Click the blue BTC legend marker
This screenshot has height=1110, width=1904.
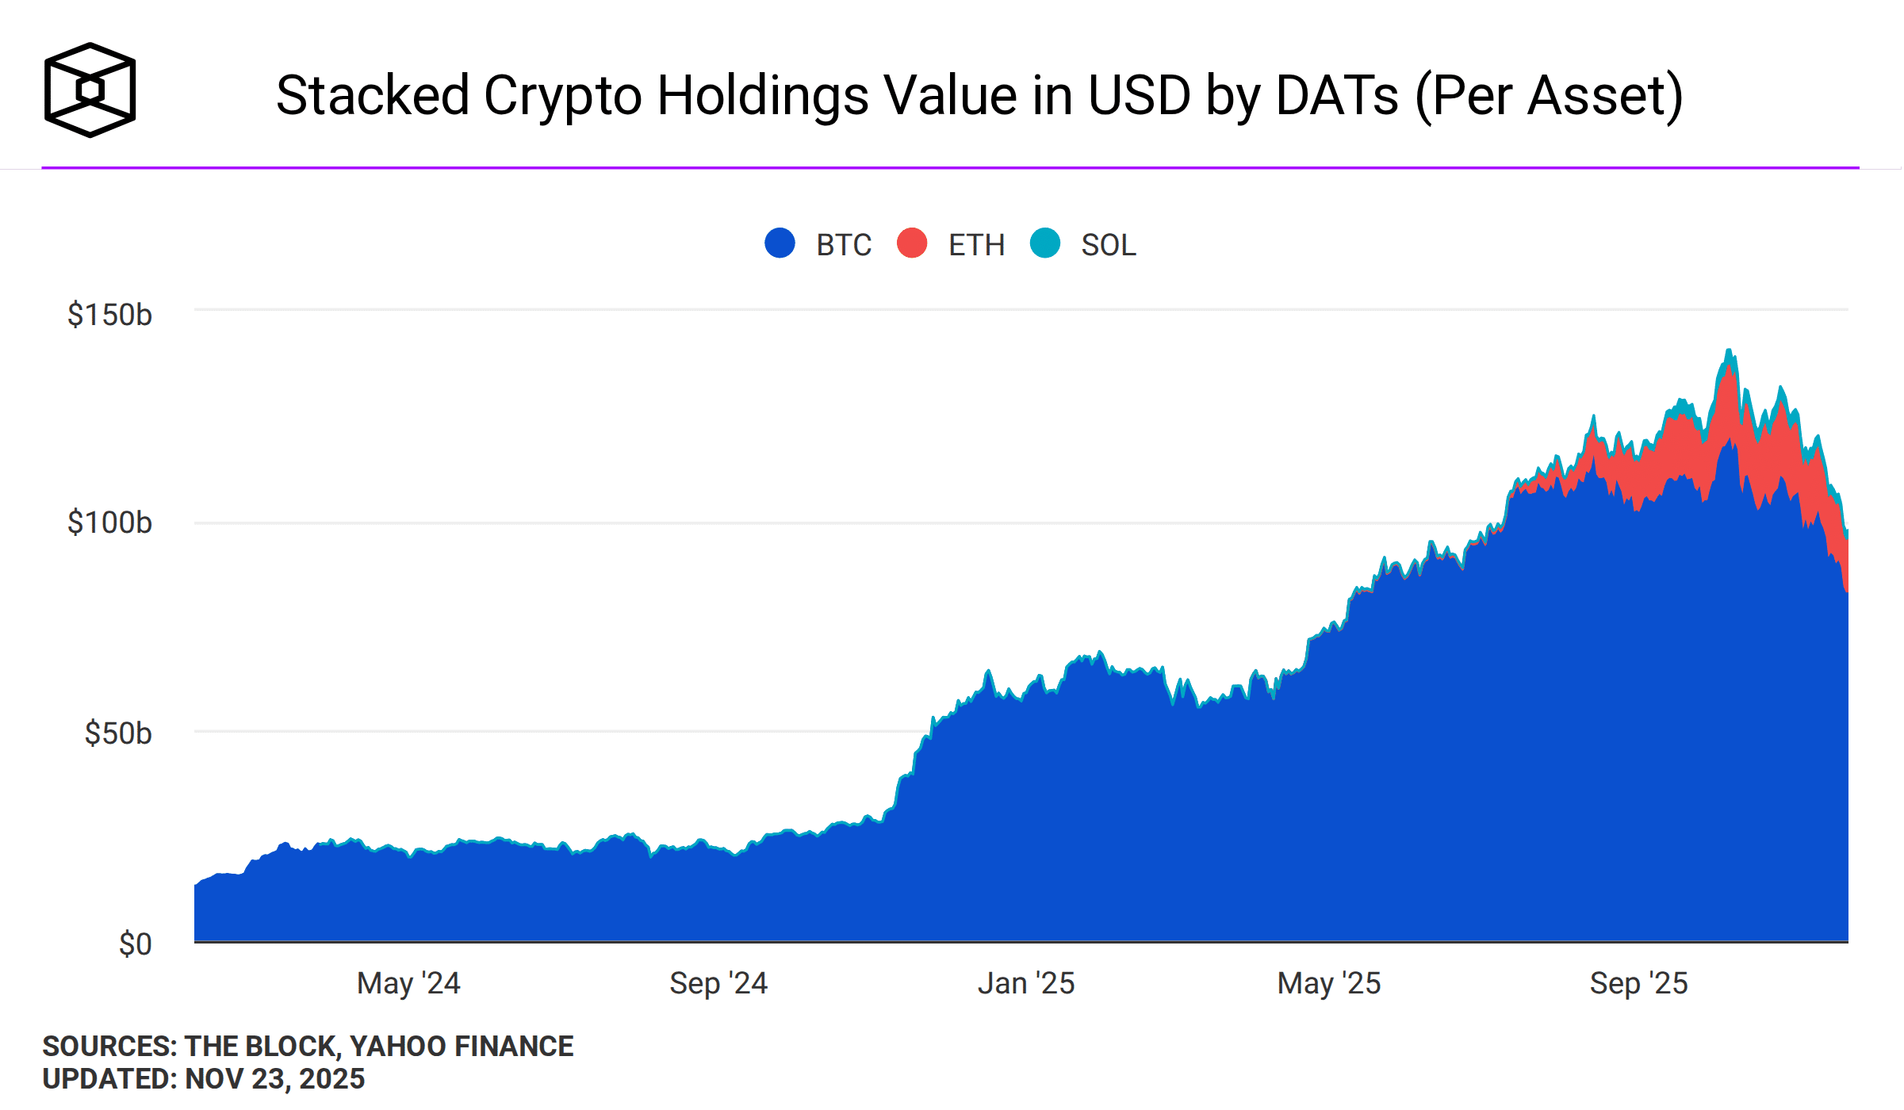(x=780, y=243)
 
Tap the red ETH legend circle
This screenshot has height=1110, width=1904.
(x=912, y=243)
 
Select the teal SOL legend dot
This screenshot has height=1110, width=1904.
(x=1044, y=243)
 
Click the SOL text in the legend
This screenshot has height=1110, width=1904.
(x=1108, y=245)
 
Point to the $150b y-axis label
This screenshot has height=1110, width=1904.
(x=109, y=315)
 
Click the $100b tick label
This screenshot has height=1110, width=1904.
(x=109, y=522)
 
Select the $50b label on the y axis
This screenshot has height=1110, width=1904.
(x=117, y=733)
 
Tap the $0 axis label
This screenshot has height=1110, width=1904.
(x=135, y=944)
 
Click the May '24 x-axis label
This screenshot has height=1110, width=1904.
(x=408, y=983)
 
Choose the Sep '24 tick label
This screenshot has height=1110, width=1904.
(x=718, y=983)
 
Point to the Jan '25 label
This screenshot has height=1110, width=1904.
(x=1026, y=983)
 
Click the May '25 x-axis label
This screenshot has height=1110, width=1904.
(x=1329, y=983)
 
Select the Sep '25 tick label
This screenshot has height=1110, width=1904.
(x=1638, y=983)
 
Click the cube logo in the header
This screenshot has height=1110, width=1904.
(x=90, y=90)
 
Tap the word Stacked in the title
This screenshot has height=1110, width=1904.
(x=373, y=95)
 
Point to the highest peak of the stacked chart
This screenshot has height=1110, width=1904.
(x=1729, y=350)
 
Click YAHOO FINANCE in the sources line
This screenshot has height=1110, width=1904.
(x=462, y=1047)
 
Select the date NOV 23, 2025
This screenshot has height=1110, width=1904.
(x=274, y=1079)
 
